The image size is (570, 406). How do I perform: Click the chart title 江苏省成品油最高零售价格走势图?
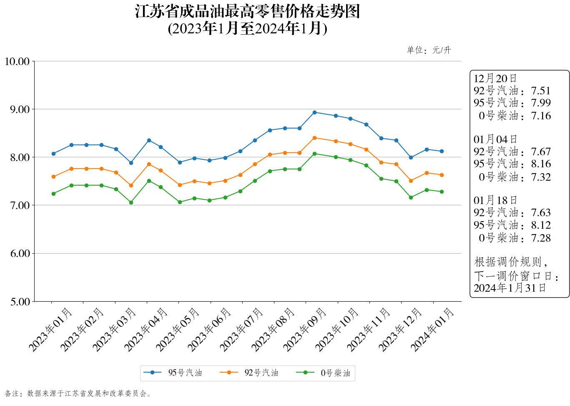[x=247, y=12]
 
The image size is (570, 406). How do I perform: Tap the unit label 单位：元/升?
[x=429, y=50]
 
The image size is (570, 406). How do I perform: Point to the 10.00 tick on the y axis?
[x=17, y=62]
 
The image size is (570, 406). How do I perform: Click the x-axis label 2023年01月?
[x=50, y=330]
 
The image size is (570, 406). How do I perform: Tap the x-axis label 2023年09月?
[x=304, y=330]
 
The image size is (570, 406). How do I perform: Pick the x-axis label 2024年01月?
[x=432, y=330]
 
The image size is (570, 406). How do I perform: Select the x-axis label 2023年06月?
[x=209, y=330]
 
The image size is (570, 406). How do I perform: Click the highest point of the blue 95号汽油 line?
[x=314, y=112]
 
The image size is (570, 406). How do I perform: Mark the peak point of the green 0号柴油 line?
[x=314, y=154]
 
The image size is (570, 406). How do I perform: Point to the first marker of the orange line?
[x=53, y=177]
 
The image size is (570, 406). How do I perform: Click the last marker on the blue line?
[x=442, y=151]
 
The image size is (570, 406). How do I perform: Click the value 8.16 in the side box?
[x=541, y=164]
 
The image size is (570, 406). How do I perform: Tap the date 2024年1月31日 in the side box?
[x=510, y=288]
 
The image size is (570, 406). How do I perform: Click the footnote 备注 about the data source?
[x=78, y=393]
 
